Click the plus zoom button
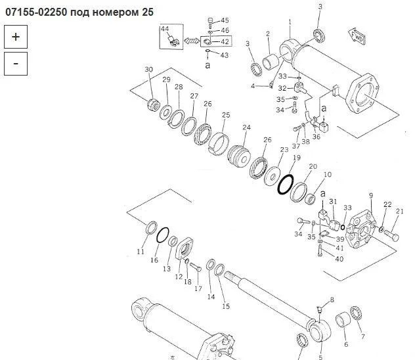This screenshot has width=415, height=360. tap(16, 37)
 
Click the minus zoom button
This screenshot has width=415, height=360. tap(16, 64)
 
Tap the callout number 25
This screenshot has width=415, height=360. tap(226, 115)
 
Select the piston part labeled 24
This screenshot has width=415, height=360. tap(238, 156)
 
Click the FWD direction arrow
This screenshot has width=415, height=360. tap(357, 37)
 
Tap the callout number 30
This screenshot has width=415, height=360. tap(149, 70)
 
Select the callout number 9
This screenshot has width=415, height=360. tap(371, 195)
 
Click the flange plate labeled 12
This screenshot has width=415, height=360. tap(185, 249)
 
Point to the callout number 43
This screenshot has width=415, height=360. tap(224, 55)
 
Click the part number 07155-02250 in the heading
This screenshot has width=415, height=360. tap(36, 12)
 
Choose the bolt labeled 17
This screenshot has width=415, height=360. tap(196, 267)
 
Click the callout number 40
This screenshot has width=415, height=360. tap(339, 259)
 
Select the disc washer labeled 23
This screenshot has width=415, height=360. tap(273, 176)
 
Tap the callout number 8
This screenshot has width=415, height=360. tap(332, 300)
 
